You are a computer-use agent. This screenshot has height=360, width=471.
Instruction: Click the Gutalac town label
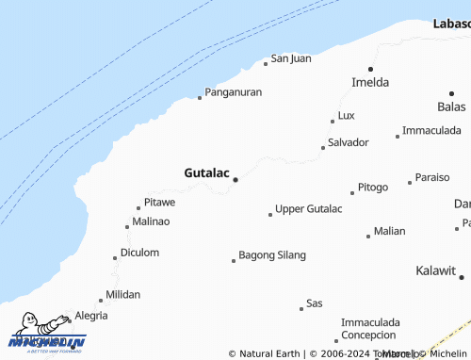click(206, 173)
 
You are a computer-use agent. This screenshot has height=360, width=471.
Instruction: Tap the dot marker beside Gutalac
click(235, 179)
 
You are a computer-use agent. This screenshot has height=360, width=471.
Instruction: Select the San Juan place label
click(291, 58)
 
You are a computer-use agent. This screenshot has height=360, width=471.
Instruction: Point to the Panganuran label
click(234, 92)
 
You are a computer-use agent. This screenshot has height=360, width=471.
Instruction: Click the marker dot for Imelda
click(370, 69)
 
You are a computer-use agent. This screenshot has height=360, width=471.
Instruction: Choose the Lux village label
click(346, 116)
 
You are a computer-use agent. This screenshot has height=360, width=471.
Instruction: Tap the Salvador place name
click(348, 142)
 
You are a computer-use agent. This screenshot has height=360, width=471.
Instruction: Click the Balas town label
click(451, 106)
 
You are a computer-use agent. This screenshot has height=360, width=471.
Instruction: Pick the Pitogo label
click(373, 187)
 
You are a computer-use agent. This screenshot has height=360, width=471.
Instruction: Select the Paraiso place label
click(432, 177)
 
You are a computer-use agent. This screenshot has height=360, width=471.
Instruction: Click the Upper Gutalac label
click(308, 208)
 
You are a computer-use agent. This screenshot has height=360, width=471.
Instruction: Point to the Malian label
click(389, 231)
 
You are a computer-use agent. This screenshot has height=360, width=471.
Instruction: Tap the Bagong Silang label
click(272, 254)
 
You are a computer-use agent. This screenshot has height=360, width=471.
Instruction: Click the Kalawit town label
click(435, 270)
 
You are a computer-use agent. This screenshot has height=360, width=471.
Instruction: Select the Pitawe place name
click(159, 203)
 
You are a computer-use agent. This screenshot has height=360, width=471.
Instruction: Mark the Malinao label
click(152, 221)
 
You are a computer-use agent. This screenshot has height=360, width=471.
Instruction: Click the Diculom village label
click(139, 253)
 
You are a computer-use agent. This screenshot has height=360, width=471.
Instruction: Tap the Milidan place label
click(122, 294)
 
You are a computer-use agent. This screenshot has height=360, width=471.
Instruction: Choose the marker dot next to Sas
click(301, 308)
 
